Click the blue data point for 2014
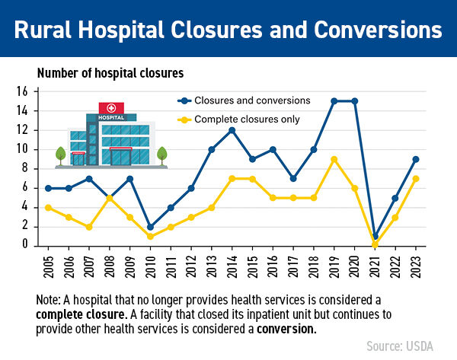tap(232, 130)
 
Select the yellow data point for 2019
tap(334, 159)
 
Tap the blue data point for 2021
tap(375, 236)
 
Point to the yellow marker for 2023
tap(416, 178)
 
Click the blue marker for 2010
tap(151, 226)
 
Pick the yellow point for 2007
tap(90, 226)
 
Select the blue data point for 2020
tap(354, 101)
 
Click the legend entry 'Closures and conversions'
tap(241, 100)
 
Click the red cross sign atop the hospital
tap(111, 107)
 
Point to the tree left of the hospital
tap(60, 155)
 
